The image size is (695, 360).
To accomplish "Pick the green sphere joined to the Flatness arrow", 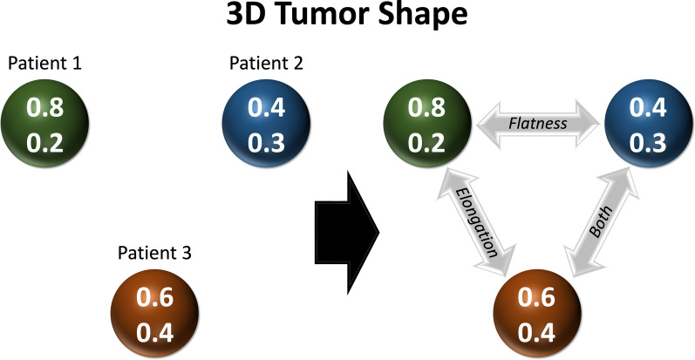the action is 427,123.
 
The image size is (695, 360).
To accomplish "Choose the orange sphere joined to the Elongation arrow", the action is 537,312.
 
